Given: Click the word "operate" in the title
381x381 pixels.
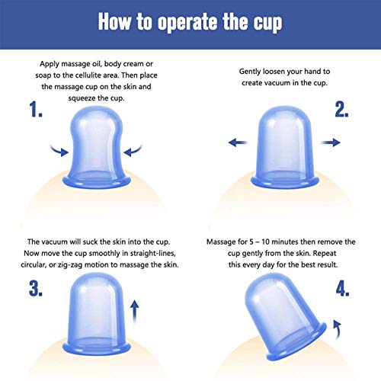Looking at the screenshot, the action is click(x=187, y=22).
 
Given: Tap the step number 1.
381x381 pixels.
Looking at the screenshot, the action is click(x=36, y=109).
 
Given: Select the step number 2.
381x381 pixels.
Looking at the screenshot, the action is click(x=341, y=110).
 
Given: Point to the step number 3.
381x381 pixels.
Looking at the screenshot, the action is click(x=36, y=289).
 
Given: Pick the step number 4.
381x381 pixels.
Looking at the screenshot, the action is click(x=342, y=289).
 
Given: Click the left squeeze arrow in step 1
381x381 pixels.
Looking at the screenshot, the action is click(x=60, y=151).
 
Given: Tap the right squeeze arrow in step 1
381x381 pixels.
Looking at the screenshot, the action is click(x=133, y=151).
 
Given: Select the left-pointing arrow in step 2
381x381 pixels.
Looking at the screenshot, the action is click(x=238, y=142).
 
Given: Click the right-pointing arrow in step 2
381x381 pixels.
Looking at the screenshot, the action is click(x=331, y=142).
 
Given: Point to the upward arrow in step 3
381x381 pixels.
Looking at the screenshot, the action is click(x=135, y=312).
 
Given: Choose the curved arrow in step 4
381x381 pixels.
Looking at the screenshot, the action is click(x=338, y=329).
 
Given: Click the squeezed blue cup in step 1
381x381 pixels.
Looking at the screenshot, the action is click(x=97, y=147).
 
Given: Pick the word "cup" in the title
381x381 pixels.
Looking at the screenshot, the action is click(x=268, y=23).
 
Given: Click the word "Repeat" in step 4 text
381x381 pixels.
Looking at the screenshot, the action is click(x=325, y=254).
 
